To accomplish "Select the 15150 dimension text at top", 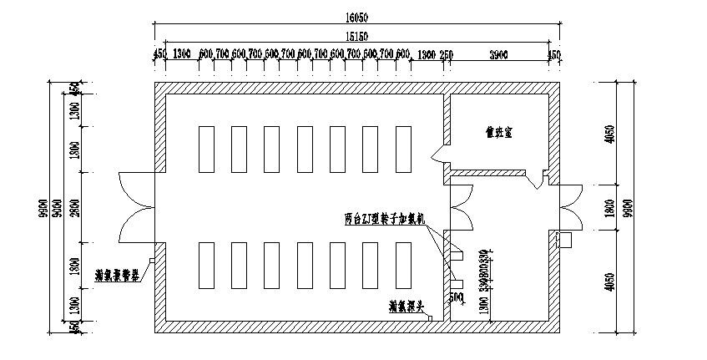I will (356, 37).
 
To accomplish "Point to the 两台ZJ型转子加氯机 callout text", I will (386, 220).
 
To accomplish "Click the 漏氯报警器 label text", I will (117, 273).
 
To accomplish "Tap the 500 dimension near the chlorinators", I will (457, 297).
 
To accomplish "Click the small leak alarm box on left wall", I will (150, 261).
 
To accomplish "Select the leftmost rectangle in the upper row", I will (205, 149).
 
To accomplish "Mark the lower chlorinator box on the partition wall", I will (457, 283).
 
